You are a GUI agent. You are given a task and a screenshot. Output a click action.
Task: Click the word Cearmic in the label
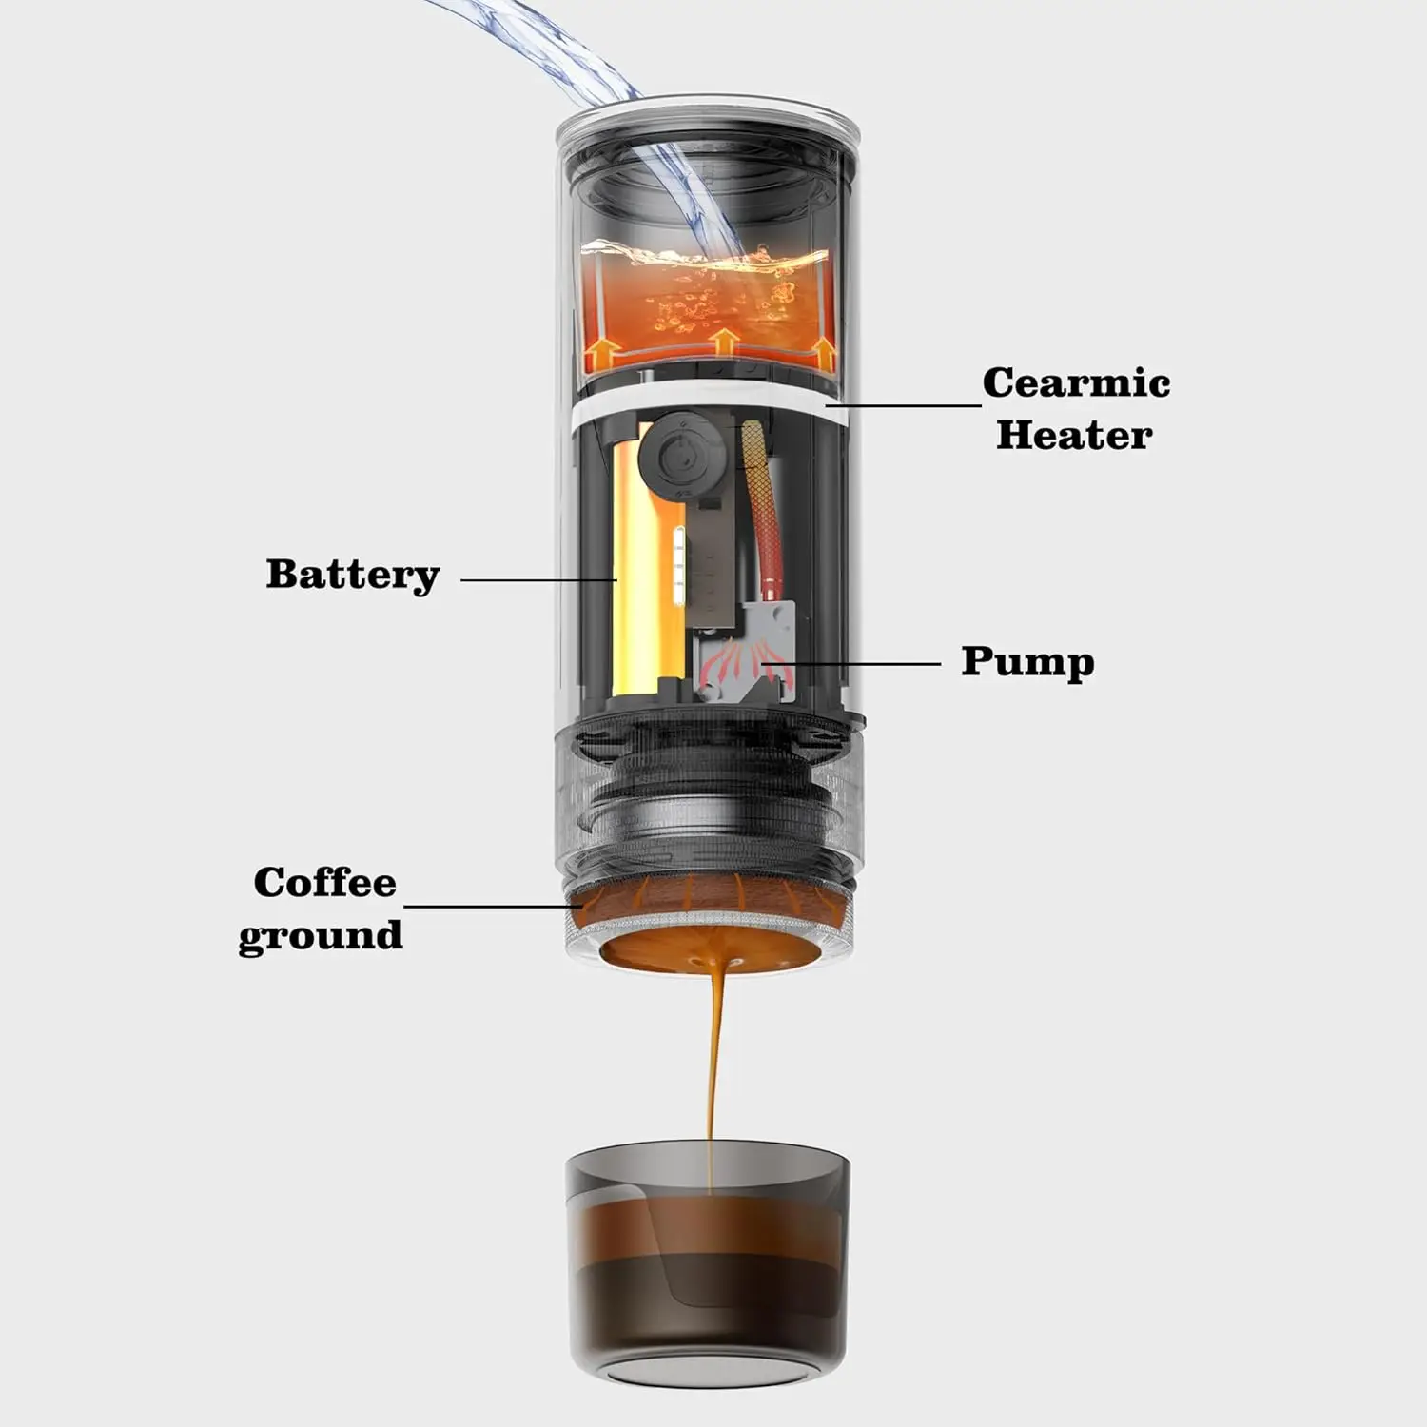pyautogui.click(x=1075, y=382)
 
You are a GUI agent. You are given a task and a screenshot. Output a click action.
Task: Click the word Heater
pyautogui.click(x=1073, y=435)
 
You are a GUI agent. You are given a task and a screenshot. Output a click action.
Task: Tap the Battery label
pyautogui.click(x=352, y=574)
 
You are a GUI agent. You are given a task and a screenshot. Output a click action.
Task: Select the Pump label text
pyautogui.click(x=1026, y=661)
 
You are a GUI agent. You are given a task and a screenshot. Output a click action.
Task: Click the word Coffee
pyautogui.click(x=324, y=882)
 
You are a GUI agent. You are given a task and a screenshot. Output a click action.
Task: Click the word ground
pyautogui.click(x=320, y=934)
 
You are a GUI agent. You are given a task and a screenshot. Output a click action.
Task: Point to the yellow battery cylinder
pyautogui.click(x=633, y=571)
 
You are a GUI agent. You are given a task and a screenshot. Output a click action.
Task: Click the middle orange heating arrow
pyautogui.click(x=725, y=342)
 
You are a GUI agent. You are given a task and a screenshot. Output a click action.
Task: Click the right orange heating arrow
pyautogui.click(x=824, y=353)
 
